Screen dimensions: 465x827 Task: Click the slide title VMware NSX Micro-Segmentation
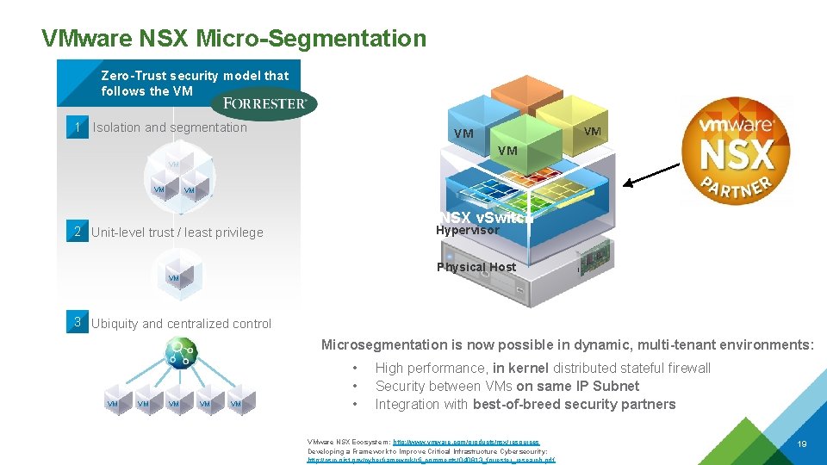[233, 39]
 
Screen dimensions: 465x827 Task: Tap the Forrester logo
[264, 103]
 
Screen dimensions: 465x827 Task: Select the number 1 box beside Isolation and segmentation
[78, 127]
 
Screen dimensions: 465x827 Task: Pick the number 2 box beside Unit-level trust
[78, 232]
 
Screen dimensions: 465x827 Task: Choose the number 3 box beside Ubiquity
[78, 323]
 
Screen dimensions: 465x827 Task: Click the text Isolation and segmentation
[170, 127]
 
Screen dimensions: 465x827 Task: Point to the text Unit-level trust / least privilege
[177, 232]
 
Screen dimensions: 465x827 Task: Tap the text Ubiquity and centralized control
[181, 324]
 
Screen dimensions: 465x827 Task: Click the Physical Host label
[476, 267]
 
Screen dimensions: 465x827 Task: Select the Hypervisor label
[467, 231]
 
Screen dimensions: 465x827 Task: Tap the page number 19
[801, 444]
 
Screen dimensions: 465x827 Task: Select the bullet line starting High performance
[543, 368]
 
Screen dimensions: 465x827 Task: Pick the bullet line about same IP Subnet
[507, 386]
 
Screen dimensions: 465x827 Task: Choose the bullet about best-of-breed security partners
[525, 404]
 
